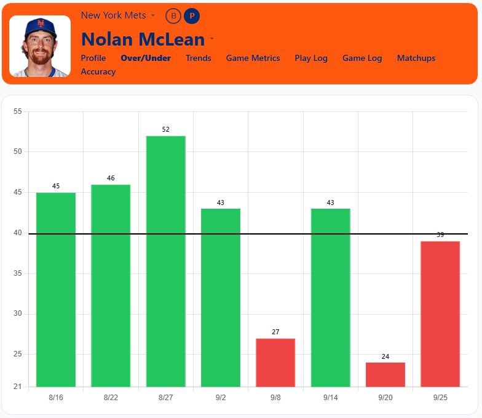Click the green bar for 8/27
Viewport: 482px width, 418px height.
pyautogui.click(x=166, y=261)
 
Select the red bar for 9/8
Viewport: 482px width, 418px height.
pyautogui.click(x=275, y=363)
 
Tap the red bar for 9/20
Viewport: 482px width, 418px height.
pyautogui.click(x=385, y=374)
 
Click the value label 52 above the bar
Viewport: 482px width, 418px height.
pyautogui.click(x=166, y=129)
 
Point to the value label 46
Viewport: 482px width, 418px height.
pyautogui.click(x=111, y=178)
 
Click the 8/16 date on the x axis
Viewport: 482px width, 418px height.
pyautogui.click(x=56, y=398)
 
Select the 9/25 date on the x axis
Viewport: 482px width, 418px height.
pyautogui.click(x=440, y=398)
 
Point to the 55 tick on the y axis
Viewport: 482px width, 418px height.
pyautogui.click(x=17, y=111)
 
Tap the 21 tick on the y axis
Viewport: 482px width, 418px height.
pyautogui.click(x=17, y=387)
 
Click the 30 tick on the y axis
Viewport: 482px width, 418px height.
pyautogui.click(x=17, y=314)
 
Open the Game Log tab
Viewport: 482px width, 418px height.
pyautogui.click(x=362, y=58)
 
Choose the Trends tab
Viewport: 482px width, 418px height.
pyautogui.click(x=198, y=58)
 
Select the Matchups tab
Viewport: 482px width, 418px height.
pyautogui.click(x=416, y=58)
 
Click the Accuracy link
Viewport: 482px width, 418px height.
pyautogui.click(x=98, y=71)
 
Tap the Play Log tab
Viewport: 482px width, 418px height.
pyautogui.click(x=311, y=58)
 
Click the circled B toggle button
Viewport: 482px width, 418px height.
pyautogui.click(x=173, y=16)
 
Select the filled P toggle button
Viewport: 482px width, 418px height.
pyautogui.click(x=192, y=16)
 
